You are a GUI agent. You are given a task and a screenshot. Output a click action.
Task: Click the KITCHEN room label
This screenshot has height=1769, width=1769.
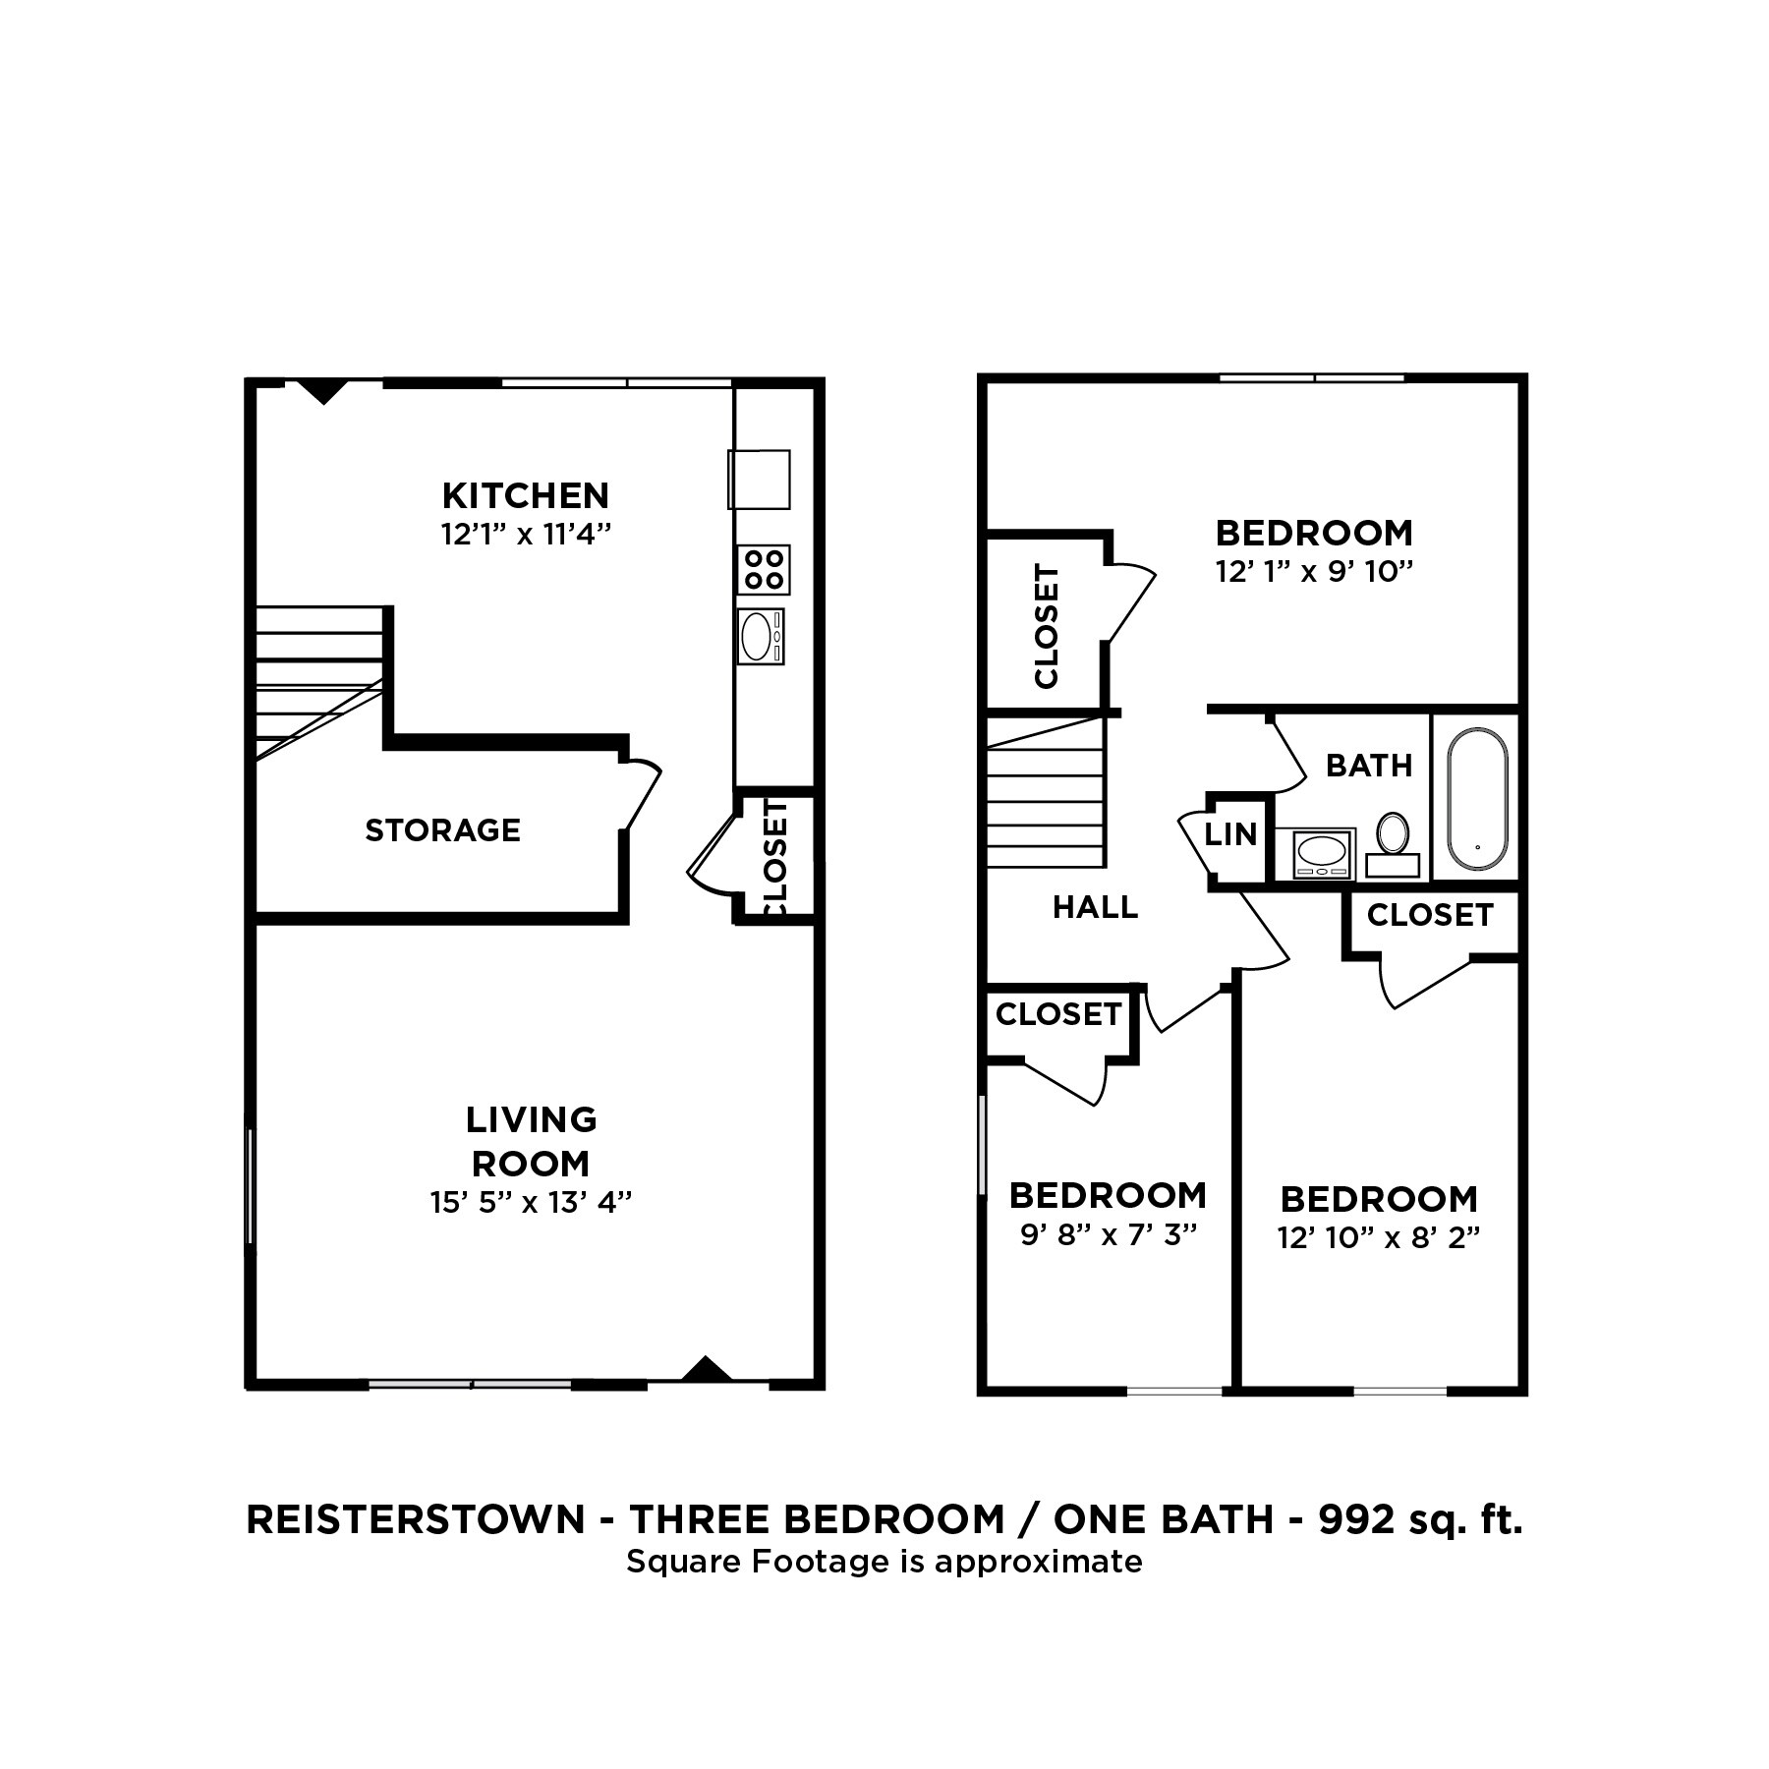pos(525,494)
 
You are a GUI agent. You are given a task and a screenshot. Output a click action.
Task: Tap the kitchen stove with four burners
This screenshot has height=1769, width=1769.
pos(763,570)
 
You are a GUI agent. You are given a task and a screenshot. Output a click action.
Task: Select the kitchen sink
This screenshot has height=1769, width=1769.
pos(759,637)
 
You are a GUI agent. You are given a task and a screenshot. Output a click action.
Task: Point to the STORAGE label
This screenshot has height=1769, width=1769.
pos(442,830)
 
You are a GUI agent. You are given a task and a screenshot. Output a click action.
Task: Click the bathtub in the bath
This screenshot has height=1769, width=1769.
pos(1477,798)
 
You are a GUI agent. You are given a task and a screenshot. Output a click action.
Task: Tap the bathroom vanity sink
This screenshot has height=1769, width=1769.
pos(1322,851)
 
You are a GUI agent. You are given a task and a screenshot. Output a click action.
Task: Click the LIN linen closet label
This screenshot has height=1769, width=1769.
pos(1231,834)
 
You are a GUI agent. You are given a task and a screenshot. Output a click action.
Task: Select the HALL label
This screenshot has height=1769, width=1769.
pos(1095,907)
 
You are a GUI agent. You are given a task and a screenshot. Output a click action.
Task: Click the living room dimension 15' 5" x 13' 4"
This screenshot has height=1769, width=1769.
pos(531,1202)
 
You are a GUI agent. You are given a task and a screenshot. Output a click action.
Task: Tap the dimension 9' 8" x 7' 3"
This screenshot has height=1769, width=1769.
pos(1108,1234)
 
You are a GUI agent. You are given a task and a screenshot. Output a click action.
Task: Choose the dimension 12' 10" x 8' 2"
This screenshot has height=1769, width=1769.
pos(1379,1237)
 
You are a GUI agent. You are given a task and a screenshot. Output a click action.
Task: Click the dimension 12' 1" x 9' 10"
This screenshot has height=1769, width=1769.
pos(1314,572)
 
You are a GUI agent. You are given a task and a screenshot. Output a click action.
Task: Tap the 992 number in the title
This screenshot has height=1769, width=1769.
pos(1357,1519)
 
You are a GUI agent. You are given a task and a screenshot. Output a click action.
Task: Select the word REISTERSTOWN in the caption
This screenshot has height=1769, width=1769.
pos(416,1519)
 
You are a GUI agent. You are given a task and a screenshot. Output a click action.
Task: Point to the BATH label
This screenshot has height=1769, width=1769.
pos(1369,766)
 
